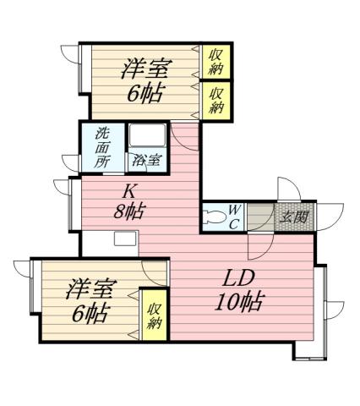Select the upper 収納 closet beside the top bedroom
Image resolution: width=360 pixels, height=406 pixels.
216,61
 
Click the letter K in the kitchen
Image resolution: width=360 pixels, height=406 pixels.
132,191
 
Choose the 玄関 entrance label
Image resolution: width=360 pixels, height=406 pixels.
293,216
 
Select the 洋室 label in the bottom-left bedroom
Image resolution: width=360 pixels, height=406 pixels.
89,288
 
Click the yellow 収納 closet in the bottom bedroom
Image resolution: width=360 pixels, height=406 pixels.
155,315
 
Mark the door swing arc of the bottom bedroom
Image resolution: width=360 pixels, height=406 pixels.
155,272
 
